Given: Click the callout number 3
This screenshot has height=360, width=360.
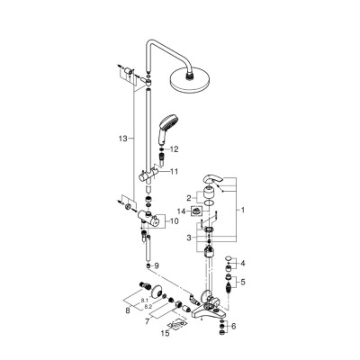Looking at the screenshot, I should [188, 238].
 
